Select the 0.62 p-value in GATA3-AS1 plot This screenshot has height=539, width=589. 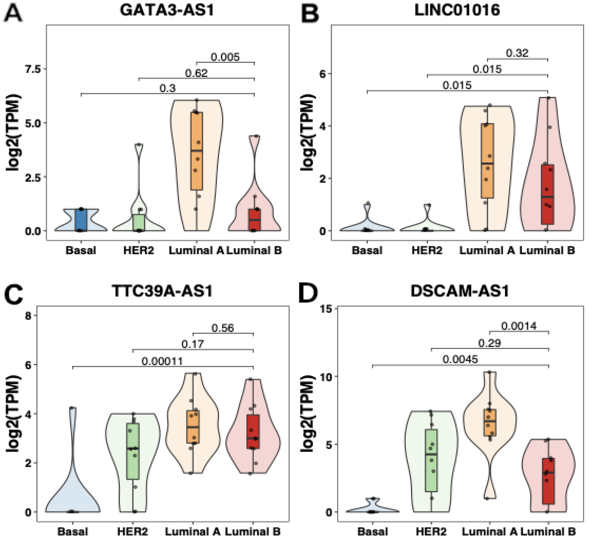tap(196, 73)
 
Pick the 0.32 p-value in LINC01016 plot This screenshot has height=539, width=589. tap(517, 53)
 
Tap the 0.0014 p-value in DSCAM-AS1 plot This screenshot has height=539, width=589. tap(519, 326)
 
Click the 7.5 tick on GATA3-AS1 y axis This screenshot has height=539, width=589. tap(33, 69)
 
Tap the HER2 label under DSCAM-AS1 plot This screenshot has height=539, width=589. tap(431, 531)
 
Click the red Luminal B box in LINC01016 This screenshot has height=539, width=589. tap(547, 194)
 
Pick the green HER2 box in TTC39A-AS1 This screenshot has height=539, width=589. tap(133, 451)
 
